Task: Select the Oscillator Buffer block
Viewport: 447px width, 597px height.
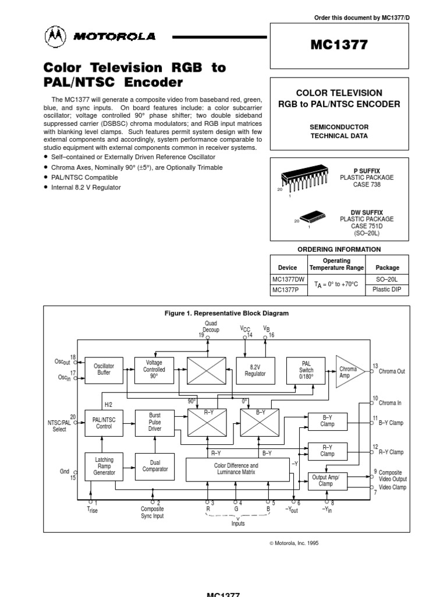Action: point(104,370)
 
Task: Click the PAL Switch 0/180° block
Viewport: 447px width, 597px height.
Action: point(306,370)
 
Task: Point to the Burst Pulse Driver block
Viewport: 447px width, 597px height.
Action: point(154,422)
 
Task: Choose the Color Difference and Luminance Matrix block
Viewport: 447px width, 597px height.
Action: point(236,469)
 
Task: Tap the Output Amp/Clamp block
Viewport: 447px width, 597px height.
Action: point(326,480)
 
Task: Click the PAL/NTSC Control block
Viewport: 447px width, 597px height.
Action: point(104,422)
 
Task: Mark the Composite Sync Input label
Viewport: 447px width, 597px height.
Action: point(152,512)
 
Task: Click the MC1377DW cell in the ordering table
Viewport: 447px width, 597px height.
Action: point(288,279)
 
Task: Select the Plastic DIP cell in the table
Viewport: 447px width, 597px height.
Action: point(387,290)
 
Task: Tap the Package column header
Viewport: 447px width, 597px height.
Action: point(387,268)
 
